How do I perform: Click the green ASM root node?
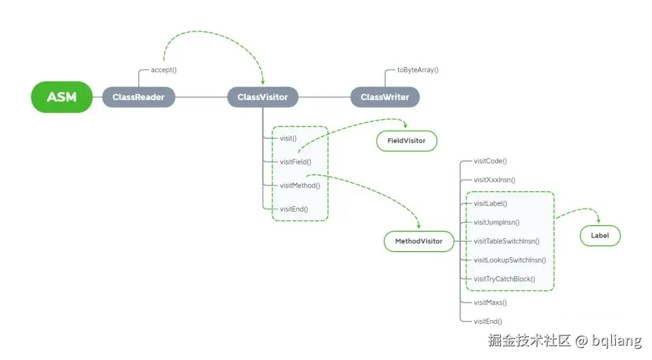click(x=61, y=97)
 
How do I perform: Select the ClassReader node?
click(x=138, y=97)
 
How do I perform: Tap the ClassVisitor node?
click(x=262, y=97)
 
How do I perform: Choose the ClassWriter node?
click(x=385, y=97)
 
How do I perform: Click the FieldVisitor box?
click(x=406, y=141)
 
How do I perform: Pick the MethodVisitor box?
click(x=419, y=241)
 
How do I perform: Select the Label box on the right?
click(x=600, y=236)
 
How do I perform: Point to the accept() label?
click(x=163, y=71)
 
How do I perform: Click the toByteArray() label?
click(x=417, y=71)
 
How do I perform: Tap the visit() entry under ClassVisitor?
click(x=288, y=138)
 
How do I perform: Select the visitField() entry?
click(x=295, y=162)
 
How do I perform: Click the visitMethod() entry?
click(x=300, y=186)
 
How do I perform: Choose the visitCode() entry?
click(x=490, y=161)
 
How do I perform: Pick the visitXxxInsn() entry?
click(x=494, y=180)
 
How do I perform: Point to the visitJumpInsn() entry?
click(x=496, y=222)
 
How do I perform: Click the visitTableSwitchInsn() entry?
click(x=506, y=241)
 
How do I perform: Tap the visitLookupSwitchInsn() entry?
click(x=510, y=260)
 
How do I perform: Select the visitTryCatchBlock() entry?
click(x=504, y=279)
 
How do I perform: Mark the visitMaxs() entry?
click(x=490, y=303)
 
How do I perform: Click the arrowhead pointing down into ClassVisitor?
click(x=262, y=81)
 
